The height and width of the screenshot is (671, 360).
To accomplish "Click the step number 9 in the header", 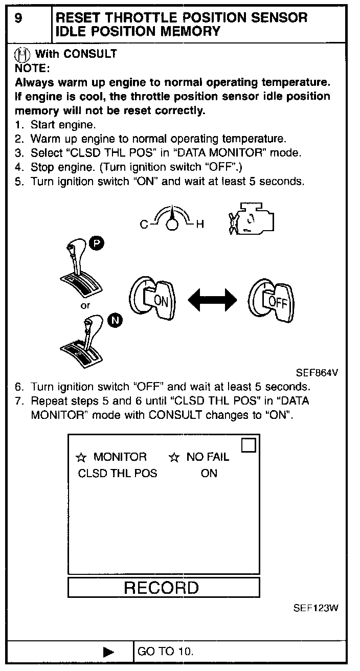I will [18, 18].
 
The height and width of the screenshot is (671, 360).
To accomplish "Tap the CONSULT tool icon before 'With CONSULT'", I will [22, 53].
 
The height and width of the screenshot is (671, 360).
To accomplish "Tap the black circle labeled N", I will [116, 321].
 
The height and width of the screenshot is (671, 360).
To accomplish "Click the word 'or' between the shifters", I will [86, 305].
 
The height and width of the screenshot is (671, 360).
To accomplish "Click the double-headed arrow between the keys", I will [212, 300].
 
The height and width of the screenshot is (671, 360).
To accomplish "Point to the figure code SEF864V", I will [317, 373].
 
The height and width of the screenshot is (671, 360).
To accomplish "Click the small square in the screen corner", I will [248, 445].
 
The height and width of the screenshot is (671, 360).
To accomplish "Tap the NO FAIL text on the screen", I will [207, 457].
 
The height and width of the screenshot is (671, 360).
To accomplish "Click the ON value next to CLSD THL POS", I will [209, 474].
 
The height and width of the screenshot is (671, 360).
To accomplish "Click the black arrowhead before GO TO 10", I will [108, 652].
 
